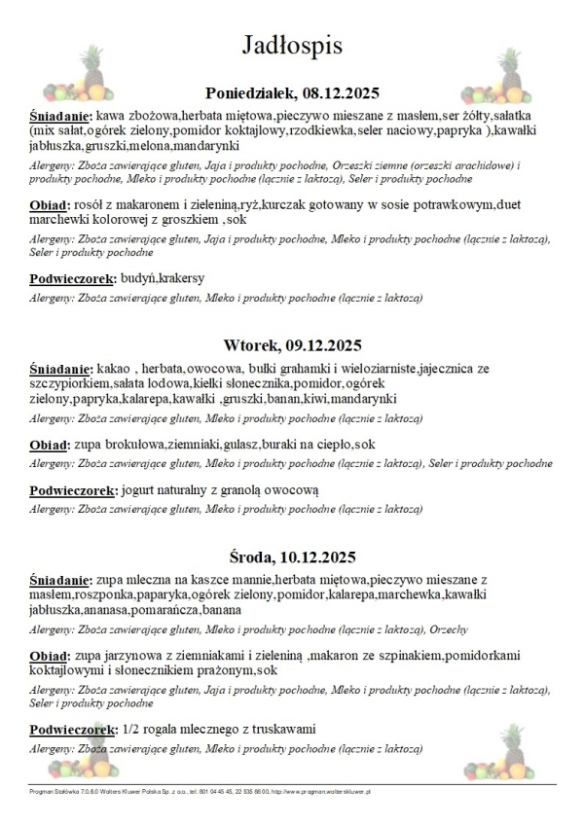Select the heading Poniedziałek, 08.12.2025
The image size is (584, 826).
click(292, 93)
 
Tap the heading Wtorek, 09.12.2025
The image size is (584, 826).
click(292, 345)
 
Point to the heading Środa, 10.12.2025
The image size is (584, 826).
click(292, 557)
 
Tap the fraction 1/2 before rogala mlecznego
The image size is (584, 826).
click(130, 729)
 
